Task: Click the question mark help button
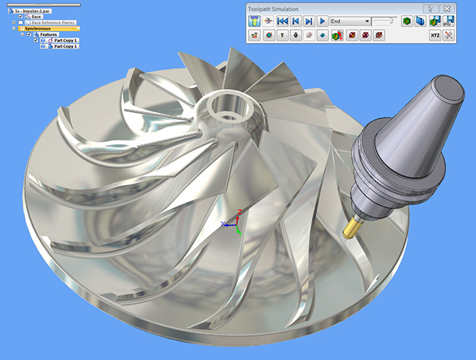pos(430,8)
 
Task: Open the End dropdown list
pos(366,21)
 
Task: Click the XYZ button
pos(435,35)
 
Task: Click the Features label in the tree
pos(48,35)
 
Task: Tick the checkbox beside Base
pos(21,17)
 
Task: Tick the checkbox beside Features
pos(29,35)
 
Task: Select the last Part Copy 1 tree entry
pos(65,47)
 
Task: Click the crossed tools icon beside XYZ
pos(448,35)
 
